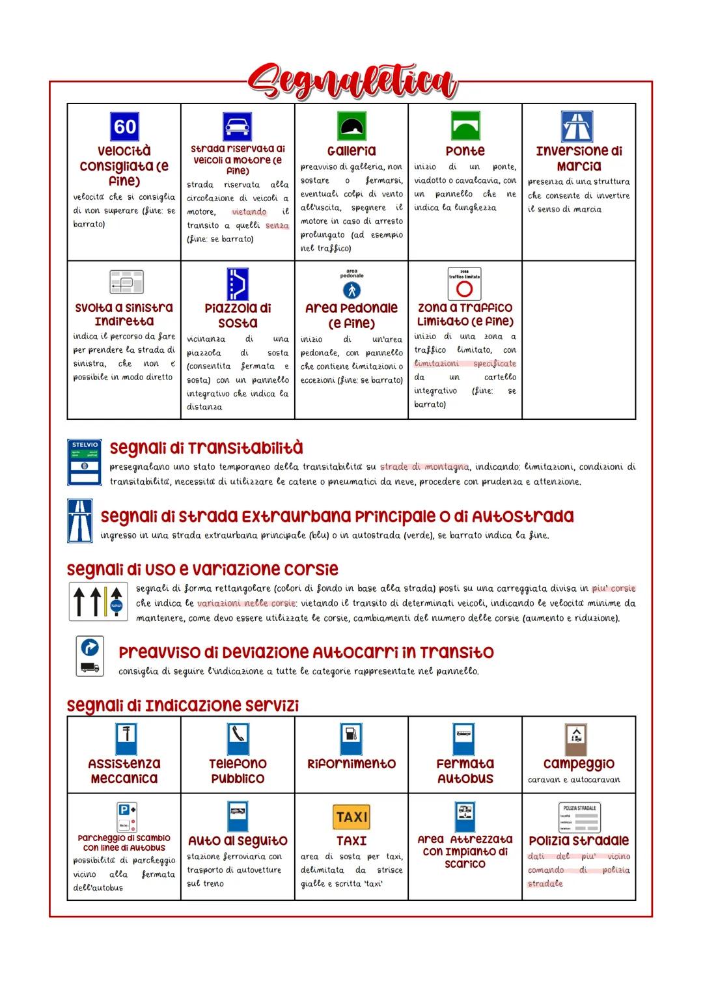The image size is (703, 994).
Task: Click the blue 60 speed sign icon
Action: click(124, 126)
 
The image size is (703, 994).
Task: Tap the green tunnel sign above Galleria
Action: click(351, 126)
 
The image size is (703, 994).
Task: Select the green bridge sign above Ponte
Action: click(465, 126)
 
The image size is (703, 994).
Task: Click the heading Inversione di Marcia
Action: click(579, 158)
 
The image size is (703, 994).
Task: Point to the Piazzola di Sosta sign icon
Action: click(238, 284)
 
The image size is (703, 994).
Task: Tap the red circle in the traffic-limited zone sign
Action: click(464, 289)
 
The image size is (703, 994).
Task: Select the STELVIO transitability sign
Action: click(85, 462)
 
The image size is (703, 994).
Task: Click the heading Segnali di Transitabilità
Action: click(206, 448)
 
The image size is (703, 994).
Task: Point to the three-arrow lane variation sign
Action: click(98, 601)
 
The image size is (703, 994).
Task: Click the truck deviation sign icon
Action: click(90, 656)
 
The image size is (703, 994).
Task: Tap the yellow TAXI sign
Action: click(351, 816)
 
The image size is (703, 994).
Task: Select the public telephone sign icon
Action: click(238, 739)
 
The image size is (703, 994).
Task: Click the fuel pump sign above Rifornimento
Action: click(351, 739)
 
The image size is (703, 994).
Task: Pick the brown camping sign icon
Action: click(576, 739)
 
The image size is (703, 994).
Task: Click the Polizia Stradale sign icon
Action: click(579, 818)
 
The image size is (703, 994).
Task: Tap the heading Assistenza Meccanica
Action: click(124, 771)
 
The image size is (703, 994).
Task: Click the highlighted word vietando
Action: click(249, 212)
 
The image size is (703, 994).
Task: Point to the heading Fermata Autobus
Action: click(465, 771)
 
